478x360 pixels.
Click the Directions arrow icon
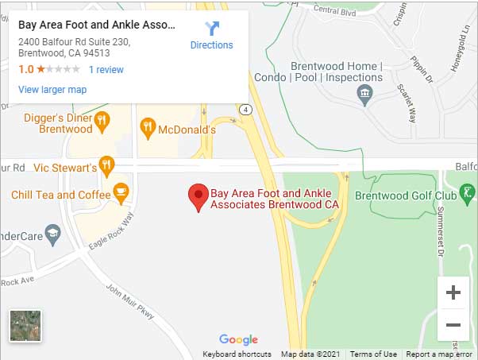point(212,29)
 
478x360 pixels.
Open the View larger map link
point(52,90)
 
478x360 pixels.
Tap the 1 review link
point(106,70)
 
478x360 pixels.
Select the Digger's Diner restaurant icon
point(101,122)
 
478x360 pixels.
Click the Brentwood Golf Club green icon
point(468,192)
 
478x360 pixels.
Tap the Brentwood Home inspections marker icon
point(364,95)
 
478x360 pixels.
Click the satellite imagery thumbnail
point(25,326)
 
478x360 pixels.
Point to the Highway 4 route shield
point(248,108)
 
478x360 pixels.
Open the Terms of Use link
point(373,354)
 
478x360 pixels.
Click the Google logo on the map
point(238,340)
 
